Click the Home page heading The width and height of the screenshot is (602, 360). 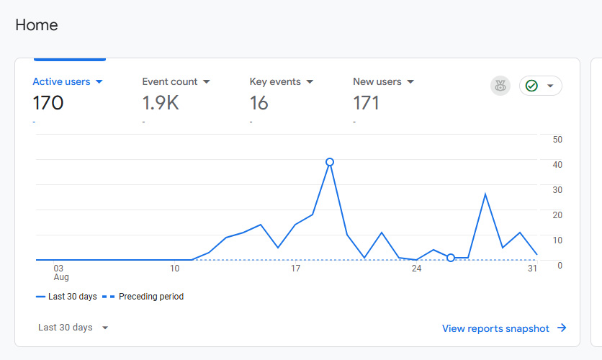(x=37, y=25)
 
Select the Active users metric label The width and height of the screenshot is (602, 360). (x=62, y=81)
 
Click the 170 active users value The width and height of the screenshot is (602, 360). (x=48, y=103)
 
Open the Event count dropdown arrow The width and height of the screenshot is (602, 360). (x=206, y=82)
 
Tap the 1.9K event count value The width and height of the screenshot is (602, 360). (x=161, y=103)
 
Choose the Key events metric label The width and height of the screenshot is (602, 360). (x=275, y=81)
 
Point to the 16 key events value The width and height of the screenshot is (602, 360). (x=259, y=103)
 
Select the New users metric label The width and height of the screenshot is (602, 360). (x=377, y=81)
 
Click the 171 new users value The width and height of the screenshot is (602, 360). (x=367, y=103)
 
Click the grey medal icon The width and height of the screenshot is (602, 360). (x=500, y=86)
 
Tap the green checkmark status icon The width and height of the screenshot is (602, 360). (x=531, y=86)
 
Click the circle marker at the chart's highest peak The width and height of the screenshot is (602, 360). (x=330, y=162)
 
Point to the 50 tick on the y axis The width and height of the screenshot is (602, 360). (x=557, y=139)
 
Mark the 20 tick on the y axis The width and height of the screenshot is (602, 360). (x=557, y=215)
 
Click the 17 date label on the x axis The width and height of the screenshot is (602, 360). (x=295, y=269)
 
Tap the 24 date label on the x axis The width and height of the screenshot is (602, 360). (x=416, y=269)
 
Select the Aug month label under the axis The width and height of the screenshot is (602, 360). (x=61, y=277)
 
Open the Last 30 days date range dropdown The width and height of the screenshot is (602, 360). (x=73, y=328)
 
